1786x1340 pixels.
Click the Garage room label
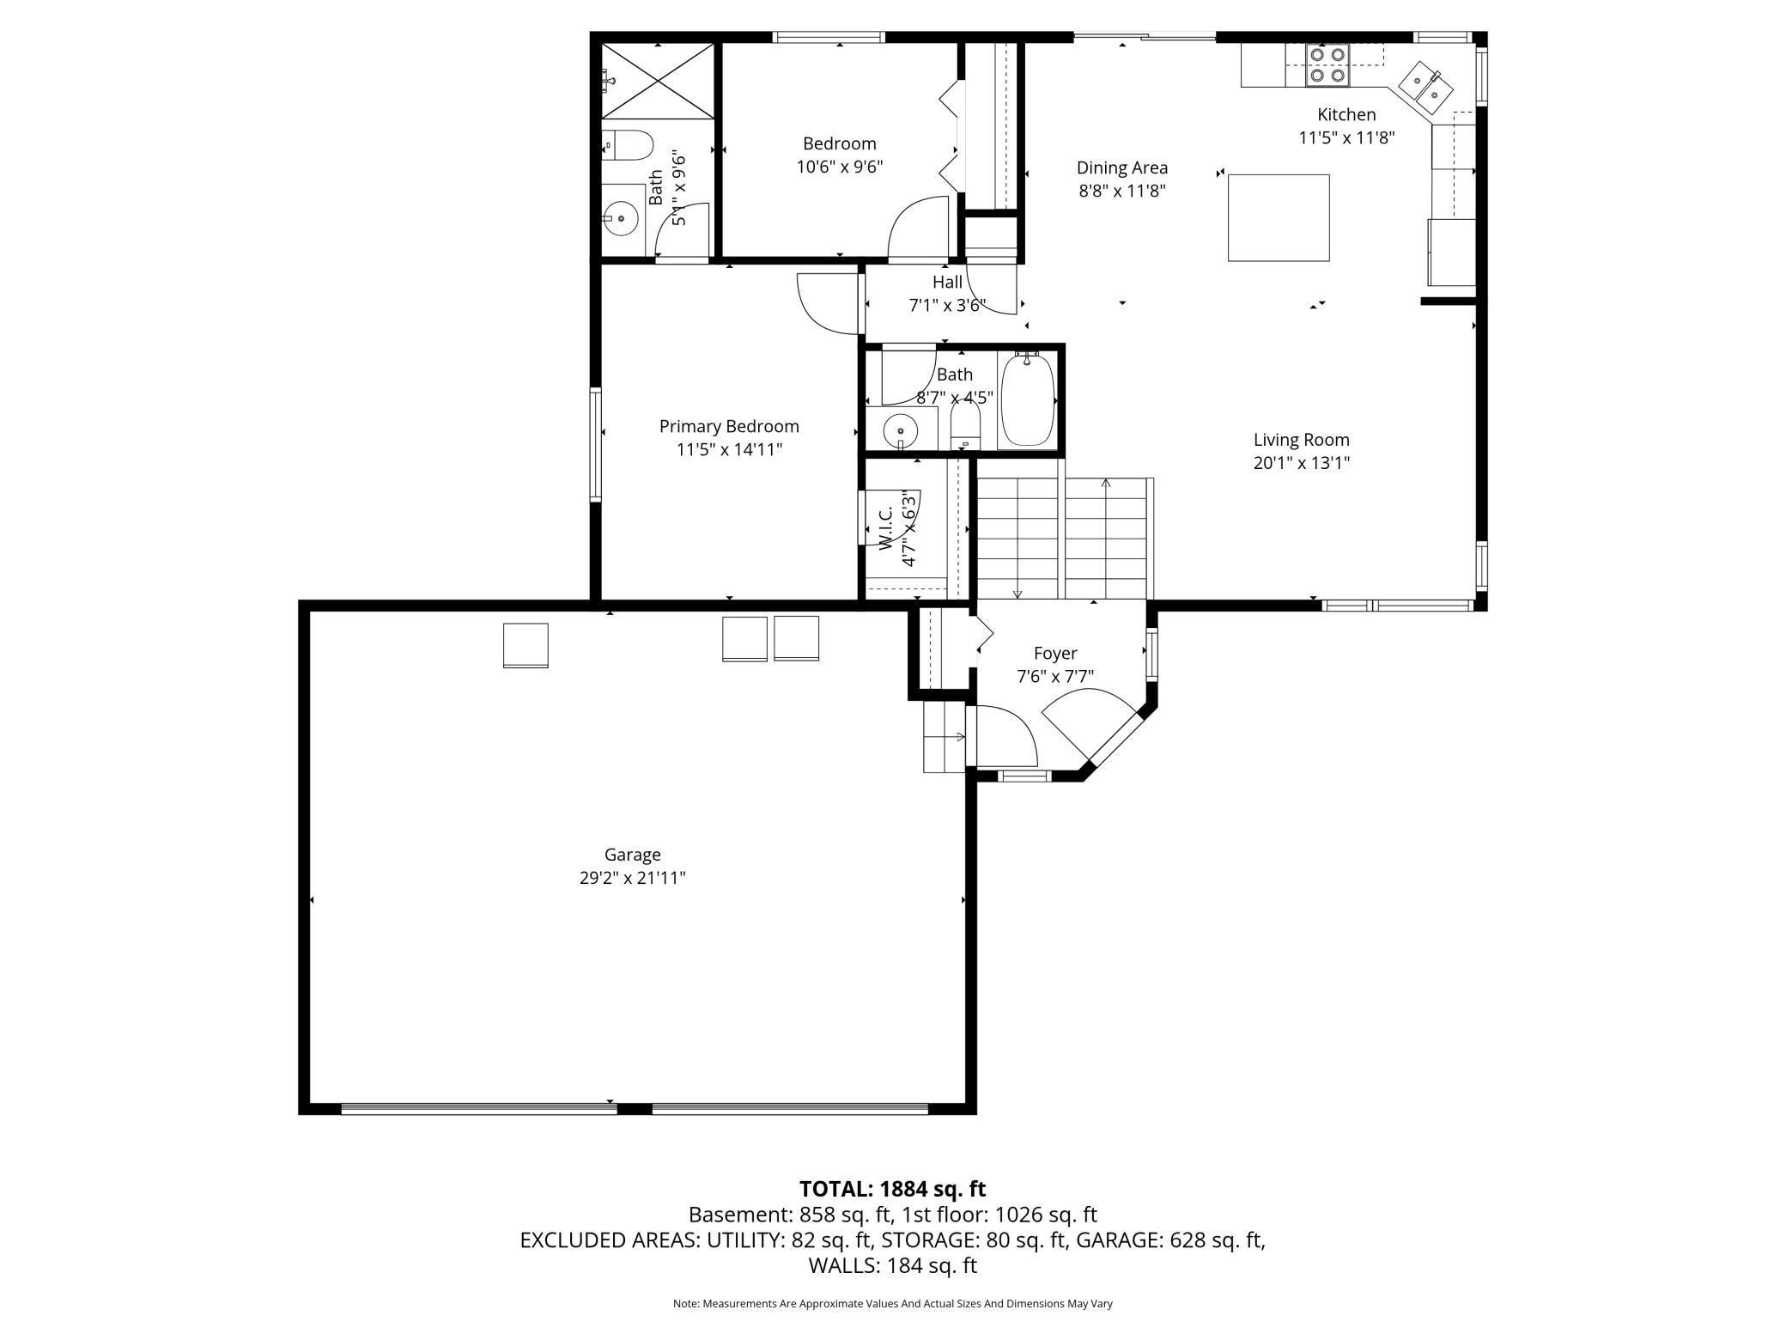pos(632,855)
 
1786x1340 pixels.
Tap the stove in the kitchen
pos(1327,65)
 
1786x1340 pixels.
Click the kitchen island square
pos(1279,217)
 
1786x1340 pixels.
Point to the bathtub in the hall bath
pos(1028,399)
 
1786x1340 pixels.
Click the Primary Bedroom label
pos(729,426)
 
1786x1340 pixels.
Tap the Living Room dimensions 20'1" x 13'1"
pos(1302,463)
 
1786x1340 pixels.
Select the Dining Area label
pos(1122,167)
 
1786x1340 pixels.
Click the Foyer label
pos(1055,654)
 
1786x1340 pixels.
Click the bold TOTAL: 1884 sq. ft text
pos(893,1189)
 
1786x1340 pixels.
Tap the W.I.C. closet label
pos(884,527)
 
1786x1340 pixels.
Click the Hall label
pos(947,282)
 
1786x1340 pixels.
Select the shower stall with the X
pos(657,80)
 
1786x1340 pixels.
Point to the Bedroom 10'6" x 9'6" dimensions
pos(840,167)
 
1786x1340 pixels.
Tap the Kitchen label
pos(1346,114)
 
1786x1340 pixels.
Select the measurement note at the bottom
pos(893,1304)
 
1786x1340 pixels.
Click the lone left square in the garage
pos(525,645)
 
